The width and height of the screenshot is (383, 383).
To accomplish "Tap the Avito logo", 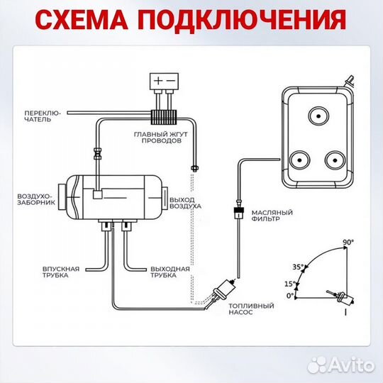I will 346,366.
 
